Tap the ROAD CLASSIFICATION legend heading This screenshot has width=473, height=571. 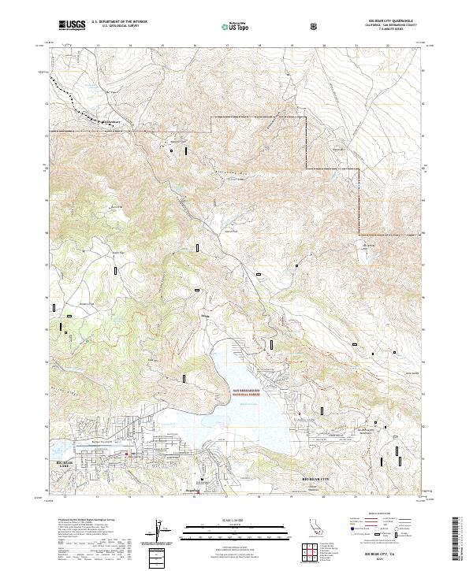387,514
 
